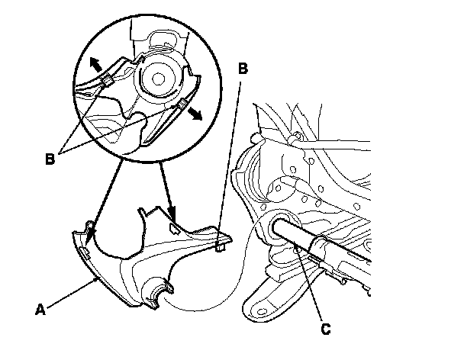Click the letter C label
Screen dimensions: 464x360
326,329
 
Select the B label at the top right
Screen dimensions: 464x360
243,68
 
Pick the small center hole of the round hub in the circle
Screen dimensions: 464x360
160,77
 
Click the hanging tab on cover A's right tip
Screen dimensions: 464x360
221,245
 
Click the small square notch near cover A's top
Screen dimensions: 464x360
175,225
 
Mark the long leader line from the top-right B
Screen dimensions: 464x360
230,160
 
